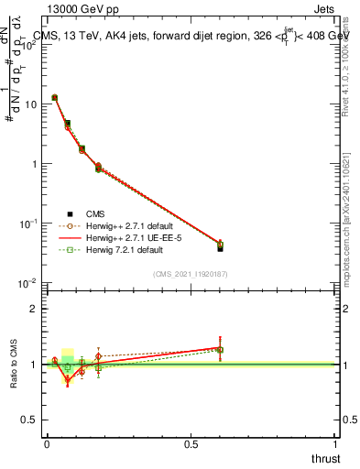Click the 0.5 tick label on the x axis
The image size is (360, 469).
coord(191,444)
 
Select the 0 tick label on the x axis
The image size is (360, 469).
coord(47,444)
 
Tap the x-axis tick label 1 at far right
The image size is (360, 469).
coord(335,444)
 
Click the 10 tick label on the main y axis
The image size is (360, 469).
coord(30,104)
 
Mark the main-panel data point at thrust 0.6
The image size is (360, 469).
coord(220,245)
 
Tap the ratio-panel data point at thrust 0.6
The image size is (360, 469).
coord(220,349)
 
